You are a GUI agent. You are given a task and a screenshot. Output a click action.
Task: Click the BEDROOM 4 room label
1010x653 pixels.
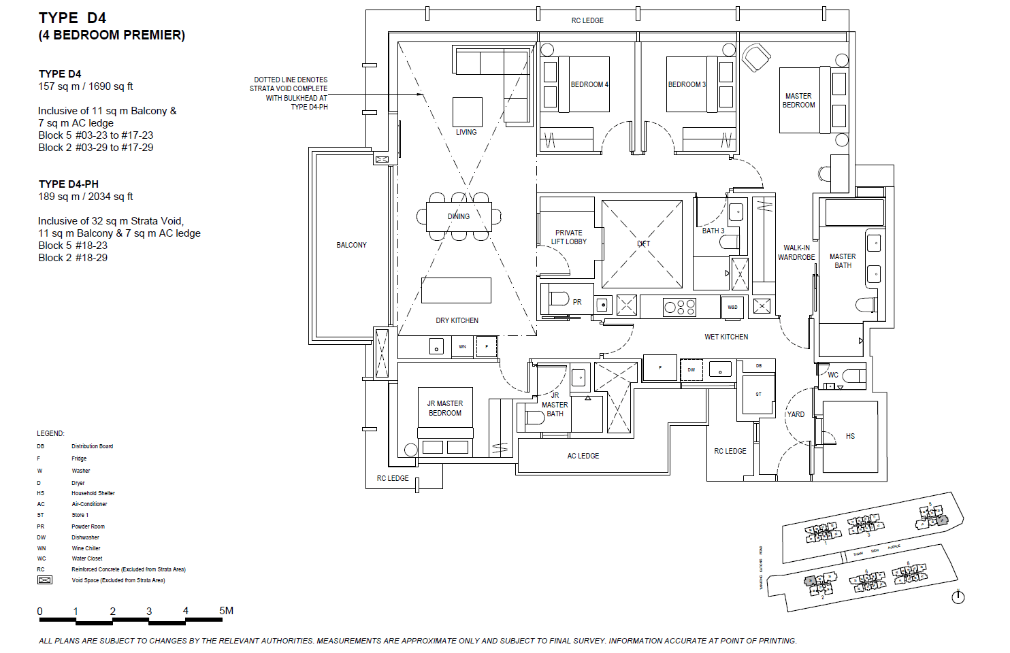coord(589,84)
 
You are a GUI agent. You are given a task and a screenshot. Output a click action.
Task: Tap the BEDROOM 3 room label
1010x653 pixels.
coord(687,84)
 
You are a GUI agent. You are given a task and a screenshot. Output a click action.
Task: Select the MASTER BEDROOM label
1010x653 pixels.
coord(798,101)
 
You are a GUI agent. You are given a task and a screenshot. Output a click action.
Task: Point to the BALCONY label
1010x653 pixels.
coord(351,245)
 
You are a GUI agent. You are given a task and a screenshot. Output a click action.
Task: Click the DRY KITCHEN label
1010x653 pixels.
coord(457,320)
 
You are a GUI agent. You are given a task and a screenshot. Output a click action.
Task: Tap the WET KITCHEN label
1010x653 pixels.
coord(726,337)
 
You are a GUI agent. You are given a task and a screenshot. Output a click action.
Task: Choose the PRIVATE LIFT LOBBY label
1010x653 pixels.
coord(568,237)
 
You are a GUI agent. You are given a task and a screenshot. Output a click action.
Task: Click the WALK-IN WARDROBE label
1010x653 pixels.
coord(796,252)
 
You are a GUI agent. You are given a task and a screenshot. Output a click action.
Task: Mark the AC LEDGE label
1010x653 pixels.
coord(583,456)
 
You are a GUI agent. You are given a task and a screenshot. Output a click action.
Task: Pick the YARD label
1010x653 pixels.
coord(796,414)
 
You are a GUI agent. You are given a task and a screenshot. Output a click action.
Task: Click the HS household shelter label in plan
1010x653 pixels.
coord(850,436)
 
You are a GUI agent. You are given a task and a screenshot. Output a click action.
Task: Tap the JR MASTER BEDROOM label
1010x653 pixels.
coord(444,408)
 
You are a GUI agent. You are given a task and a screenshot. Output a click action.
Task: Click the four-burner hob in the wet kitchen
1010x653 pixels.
coord(679,307)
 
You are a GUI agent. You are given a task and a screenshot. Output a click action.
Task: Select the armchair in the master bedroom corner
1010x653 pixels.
coord(755,57)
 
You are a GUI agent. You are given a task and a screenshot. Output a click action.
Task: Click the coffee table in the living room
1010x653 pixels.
coord(467,112)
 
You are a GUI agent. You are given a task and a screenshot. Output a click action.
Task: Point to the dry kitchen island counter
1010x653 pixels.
coord(456,290)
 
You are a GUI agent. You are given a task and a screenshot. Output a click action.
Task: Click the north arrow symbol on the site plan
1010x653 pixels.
coord(958,597)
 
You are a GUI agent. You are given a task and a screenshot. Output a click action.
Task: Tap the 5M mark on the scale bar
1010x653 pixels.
coord(226,611)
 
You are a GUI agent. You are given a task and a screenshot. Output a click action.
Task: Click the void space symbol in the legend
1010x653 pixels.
coord(45,580)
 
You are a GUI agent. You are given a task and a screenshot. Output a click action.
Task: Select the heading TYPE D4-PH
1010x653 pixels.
coord(69,184)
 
